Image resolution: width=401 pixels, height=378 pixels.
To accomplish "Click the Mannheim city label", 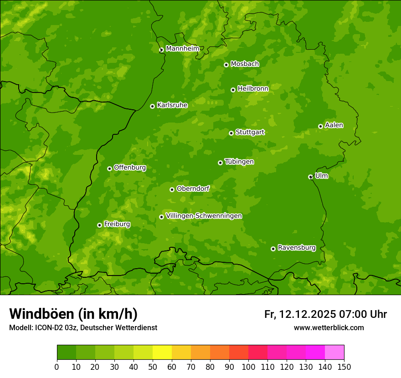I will (182, 48).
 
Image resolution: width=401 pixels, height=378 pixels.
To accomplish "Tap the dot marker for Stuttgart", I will (231, 133).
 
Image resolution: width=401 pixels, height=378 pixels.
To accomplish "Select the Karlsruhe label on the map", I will (172, 105).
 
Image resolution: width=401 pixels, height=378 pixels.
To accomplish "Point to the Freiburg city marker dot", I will (99, 225).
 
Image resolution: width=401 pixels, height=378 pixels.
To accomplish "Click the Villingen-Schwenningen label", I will (204, 215).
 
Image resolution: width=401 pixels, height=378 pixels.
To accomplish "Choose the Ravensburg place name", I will (296, 247).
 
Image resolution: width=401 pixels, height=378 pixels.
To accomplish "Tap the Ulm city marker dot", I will (310, 177).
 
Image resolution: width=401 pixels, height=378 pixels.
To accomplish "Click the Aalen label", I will (334, 125).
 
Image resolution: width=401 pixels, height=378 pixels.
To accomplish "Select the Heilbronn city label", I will (252, 88).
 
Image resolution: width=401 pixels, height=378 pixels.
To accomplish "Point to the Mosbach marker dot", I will (226, 65).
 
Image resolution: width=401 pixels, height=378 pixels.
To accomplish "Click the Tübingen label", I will (239, 161).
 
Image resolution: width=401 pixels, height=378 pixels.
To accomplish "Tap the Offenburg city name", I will (129, 167).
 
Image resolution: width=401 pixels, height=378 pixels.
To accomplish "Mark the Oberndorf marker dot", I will (172, 189).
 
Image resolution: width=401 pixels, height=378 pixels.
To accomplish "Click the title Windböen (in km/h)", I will (73, 314).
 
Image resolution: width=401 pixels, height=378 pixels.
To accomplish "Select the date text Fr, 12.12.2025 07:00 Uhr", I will (325, 314).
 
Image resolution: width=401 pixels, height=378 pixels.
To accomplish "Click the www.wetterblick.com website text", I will (329, 327).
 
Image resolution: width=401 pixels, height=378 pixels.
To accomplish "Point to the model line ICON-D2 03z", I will (83, 327).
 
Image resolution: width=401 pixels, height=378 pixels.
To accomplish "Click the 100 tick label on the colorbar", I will (248, 367).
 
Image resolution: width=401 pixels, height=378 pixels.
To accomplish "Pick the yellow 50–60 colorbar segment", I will (162, 352).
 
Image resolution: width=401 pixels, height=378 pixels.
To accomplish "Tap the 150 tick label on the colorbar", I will (344, 367).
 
